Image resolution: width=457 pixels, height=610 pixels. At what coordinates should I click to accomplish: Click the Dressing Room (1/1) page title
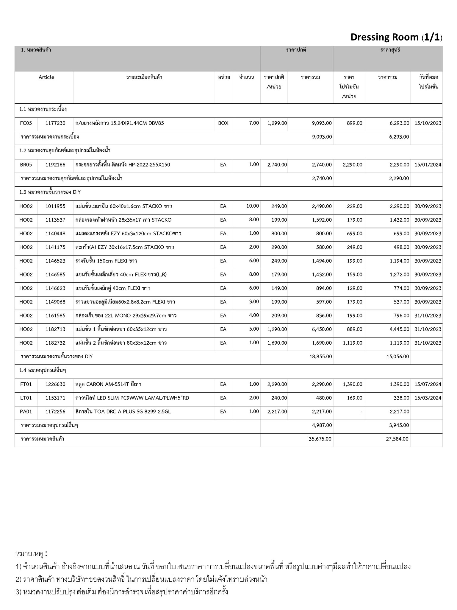pos(396,37)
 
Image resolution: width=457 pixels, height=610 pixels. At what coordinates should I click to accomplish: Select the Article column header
pos(46,77)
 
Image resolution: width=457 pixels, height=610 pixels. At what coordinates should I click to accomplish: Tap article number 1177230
pos(55,123)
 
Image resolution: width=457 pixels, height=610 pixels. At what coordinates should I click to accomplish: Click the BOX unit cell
pos(223,123)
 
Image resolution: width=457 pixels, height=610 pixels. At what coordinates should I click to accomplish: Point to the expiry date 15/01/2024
pos(428,165)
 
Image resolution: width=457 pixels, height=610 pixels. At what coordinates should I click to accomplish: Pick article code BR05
pos(26,165)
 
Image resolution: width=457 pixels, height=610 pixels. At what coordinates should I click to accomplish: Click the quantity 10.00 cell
pos(252,206)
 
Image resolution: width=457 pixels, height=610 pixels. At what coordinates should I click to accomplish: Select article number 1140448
pos(55,234)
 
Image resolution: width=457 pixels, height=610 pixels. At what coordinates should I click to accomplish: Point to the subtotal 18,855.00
pos(320,356)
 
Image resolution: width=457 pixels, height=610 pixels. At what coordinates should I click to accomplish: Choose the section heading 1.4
pos(43,370)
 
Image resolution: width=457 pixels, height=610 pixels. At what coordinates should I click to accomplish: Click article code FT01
pos(26,384)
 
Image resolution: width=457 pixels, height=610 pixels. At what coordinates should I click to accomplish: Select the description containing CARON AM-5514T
pos(108,384)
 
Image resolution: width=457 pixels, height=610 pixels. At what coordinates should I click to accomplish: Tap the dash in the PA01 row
pos(361,412)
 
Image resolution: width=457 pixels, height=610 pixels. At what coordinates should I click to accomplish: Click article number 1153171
pos(55,398)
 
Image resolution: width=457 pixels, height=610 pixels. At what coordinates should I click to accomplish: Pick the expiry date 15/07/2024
pos(428,384)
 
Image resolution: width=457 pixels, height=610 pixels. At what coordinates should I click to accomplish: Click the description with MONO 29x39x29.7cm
pos(126,315)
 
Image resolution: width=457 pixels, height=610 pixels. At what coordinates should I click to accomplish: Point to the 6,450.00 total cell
pos(322,329)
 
